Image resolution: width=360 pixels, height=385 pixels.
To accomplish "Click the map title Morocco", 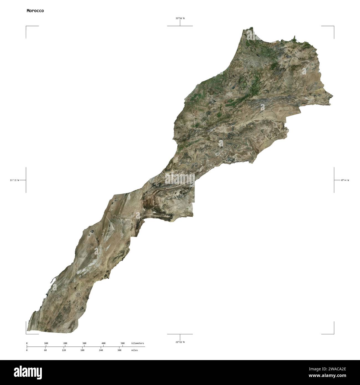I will click(35, 11).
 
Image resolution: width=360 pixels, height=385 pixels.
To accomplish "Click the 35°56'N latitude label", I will click(180, 18).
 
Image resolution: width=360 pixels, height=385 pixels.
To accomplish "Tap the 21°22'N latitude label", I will click(180, 342).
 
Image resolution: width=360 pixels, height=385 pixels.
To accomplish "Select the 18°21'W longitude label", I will click(14, 180).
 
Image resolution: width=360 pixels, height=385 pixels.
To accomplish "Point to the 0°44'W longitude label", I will click(345, 180).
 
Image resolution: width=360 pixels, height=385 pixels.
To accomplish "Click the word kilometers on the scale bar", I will click(138, 343).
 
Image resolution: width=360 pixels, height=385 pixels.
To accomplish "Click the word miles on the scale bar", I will click(134, 350).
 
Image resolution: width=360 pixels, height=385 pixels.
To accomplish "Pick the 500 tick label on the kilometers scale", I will click(122, 343).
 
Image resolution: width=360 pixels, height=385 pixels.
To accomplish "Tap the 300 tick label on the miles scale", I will click(119, 350).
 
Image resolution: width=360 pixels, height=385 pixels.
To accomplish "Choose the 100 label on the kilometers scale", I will click(46, 343).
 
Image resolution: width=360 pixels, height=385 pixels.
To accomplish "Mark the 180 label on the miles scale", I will click(82, 350).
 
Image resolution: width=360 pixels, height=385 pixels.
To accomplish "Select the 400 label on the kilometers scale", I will click(103, 343).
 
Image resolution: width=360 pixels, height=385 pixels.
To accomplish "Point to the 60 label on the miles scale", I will click(45, 350).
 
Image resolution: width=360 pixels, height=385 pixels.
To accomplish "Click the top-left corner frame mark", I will click(27, 27).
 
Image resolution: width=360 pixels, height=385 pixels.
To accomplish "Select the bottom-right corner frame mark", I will click(333, 333).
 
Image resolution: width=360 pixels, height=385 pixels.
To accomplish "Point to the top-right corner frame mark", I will click(333, 27).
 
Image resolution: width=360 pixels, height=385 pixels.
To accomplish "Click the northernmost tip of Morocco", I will click(252, 27).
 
